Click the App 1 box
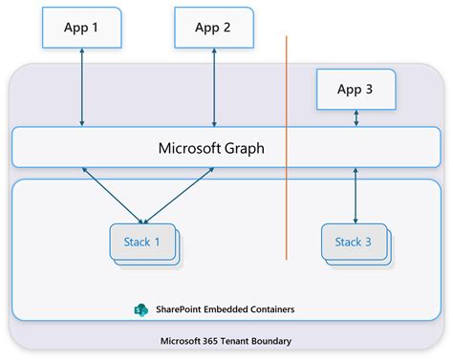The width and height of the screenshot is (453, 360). (x=82, y=28)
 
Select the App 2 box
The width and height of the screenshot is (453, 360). (x=213, y=28)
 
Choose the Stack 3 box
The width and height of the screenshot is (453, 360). (x=354, y=242)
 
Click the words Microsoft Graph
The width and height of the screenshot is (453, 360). (x=210, y=148)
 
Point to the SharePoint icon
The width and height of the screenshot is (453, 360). (x=141, y=311)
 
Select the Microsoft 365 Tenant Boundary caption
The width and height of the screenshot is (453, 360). (x=226, y=341)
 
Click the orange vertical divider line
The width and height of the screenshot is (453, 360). (x=286, y=143)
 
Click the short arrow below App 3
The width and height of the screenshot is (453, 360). (x=356, y=118)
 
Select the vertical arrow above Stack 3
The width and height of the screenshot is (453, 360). (x=356, y=196)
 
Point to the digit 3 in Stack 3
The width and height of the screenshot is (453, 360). (x=369, y=242)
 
